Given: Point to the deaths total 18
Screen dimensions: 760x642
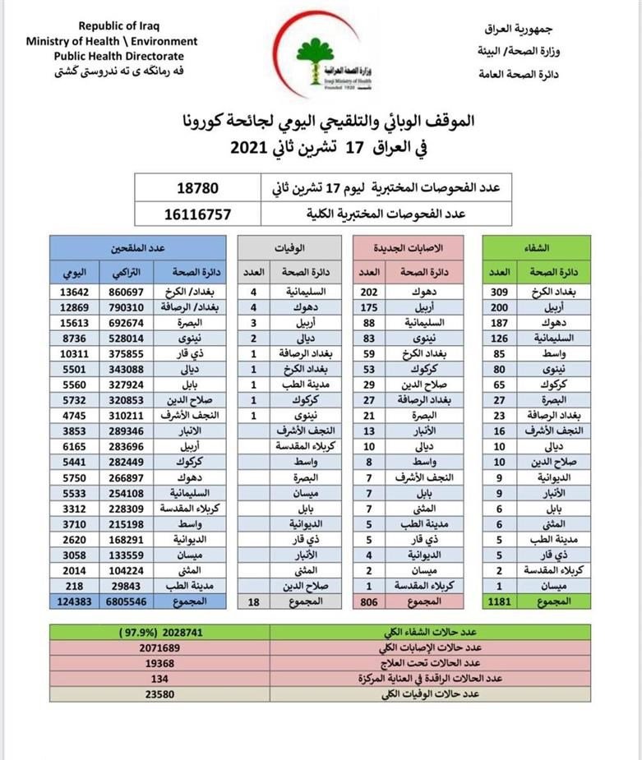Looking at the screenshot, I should [x=253, y=601].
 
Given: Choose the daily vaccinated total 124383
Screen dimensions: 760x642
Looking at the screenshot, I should [x=73, y=601].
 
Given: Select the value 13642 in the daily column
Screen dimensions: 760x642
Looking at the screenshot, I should [x=73, y=291].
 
